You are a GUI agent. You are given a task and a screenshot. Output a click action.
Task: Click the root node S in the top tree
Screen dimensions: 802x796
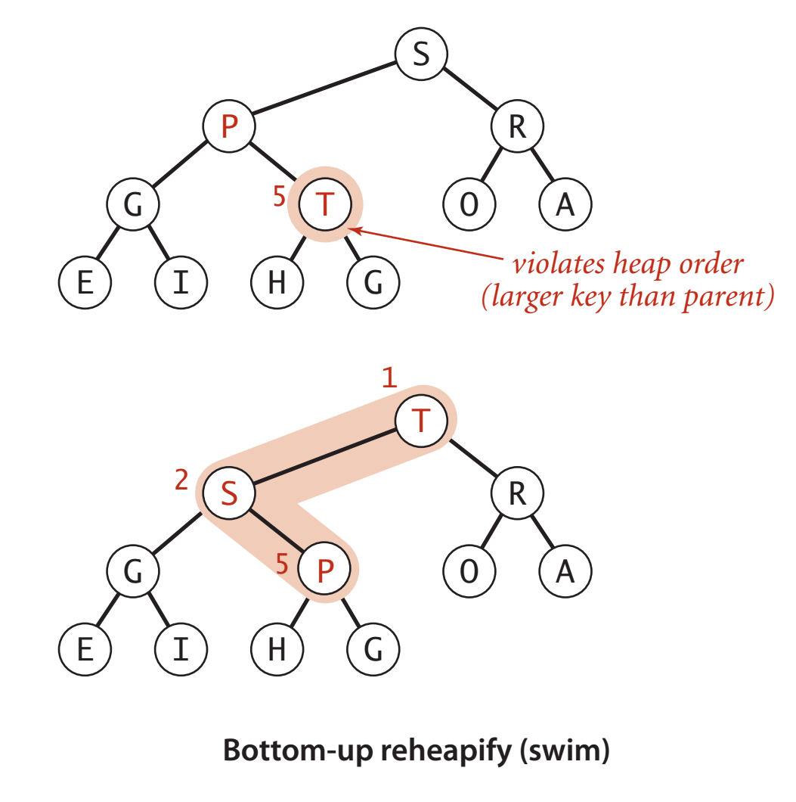[421, 56]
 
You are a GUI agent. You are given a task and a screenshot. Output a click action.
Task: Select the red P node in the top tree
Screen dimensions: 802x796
[229, 127]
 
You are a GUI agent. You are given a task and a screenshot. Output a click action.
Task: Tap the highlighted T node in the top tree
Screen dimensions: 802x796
[325, 204]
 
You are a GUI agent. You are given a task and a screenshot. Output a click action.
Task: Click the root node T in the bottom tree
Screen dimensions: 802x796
[421, 421]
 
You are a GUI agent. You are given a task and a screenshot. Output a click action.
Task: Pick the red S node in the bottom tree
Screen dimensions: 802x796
[229, 494]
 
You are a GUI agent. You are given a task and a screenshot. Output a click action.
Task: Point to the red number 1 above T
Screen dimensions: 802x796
[389, 378]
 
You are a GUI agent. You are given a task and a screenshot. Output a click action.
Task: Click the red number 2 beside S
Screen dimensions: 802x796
[181, 481]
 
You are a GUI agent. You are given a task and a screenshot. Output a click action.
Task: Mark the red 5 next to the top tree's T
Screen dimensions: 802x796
[280, 197]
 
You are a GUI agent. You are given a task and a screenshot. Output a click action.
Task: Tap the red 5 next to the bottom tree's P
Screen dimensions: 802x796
[283, 564]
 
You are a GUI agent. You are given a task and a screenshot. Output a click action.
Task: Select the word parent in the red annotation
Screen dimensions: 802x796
[726, 297]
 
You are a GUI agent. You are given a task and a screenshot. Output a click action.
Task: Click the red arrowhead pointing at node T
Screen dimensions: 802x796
[356, 228]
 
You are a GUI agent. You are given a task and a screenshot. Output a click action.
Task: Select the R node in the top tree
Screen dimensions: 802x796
[517, 127]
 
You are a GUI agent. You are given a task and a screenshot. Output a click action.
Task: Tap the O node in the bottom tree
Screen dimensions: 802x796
[469, 571]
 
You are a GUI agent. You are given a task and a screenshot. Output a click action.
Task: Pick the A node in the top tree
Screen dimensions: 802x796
[565, 204]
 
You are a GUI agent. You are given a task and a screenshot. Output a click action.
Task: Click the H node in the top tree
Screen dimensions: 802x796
[277, 282]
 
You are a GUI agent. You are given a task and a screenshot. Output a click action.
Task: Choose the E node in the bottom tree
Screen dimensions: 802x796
[85, 649]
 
